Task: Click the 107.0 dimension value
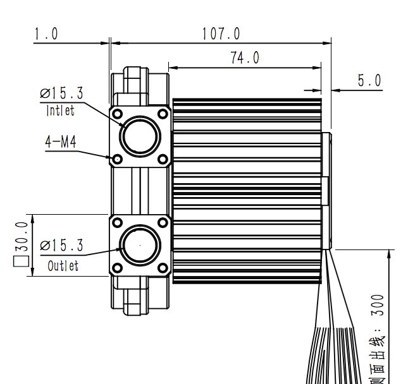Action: (x=221, y=33)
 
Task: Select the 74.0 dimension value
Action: (x=244, y=57)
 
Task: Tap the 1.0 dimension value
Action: (x=46, y=33)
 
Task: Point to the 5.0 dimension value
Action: (x=369, y=80)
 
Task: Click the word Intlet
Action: (x=60, y=111)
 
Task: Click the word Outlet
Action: (x=63, y=265)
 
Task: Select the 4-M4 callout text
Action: (x=60, y=142)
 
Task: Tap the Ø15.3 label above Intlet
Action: (x=61, y=94)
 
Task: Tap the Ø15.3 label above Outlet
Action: (x=61, y=245)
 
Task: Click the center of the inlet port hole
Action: (x=139, y=136)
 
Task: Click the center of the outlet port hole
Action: (x=139, y=246)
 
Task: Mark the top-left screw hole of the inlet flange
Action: (x=117, y=114)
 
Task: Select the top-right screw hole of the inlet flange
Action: (x=163, y=114)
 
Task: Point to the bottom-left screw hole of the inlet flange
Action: (x=117, y=159)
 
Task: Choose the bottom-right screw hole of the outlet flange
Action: (x=163, y=269)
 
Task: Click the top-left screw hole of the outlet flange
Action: (x=117, y=222)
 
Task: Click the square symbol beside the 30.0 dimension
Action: (x=22, y=260)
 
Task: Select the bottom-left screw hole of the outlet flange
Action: (x=117, y=269)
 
